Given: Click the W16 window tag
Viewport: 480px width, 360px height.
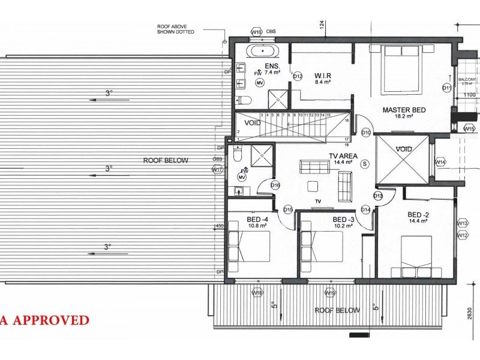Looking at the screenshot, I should pyautogui.click(x=257, y=32).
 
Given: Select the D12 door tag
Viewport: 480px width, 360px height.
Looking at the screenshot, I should pyautogui.click(x=298, y=76).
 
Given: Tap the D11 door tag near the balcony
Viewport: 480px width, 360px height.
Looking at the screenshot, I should pyautogui.click(x=446, y=88).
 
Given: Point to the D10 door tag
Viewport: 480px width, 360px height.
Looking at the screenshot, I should pyautogui.click(x=366, y=132).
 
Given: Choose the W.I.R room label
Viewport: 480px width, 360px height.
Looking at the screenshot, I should pyautogui.click(x=323, y=76).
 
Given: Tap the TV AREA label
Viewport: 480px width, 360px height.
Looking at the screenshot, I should pyautogui.click(x=343, y=156).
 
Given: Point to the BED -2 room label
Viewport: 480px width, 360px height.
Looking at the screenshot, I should pyautogui.click(x=418, y=215).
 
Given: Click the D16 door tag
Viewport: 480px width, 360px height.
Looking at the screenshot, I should pyautogui.click(x=275, y=185).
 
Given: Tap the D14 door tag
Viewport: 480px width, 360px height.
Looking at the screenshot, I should pyautogui.click(x=366, y=209).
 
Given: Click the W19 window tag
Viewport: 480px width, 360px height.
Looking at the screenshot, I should pyautogui.click(x=329, y=293).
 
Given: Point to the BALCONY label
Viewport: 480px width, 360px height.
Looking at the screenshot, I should pyautogui.click(x=467, y=79).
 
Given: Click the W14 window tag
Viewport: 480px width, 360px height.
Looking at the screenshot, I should pyautogui.click(x=440, y=162).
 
